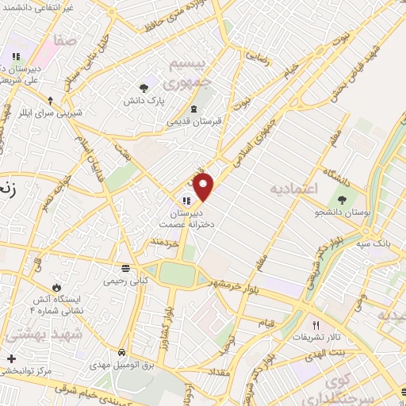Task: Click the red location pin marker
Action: pyautogui.click(x=204, y=187)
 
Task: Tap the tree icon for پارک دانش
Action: pyautogui.click(x=144, y=88)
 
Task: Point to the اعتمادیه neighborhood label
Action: pyautogui.click(x=293, y=190)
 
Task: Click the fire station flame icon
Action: pyautogui.click(x=56, y=287)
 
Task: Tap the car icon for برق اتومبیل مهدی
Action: pyautogui.click(x=121, y=352)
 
